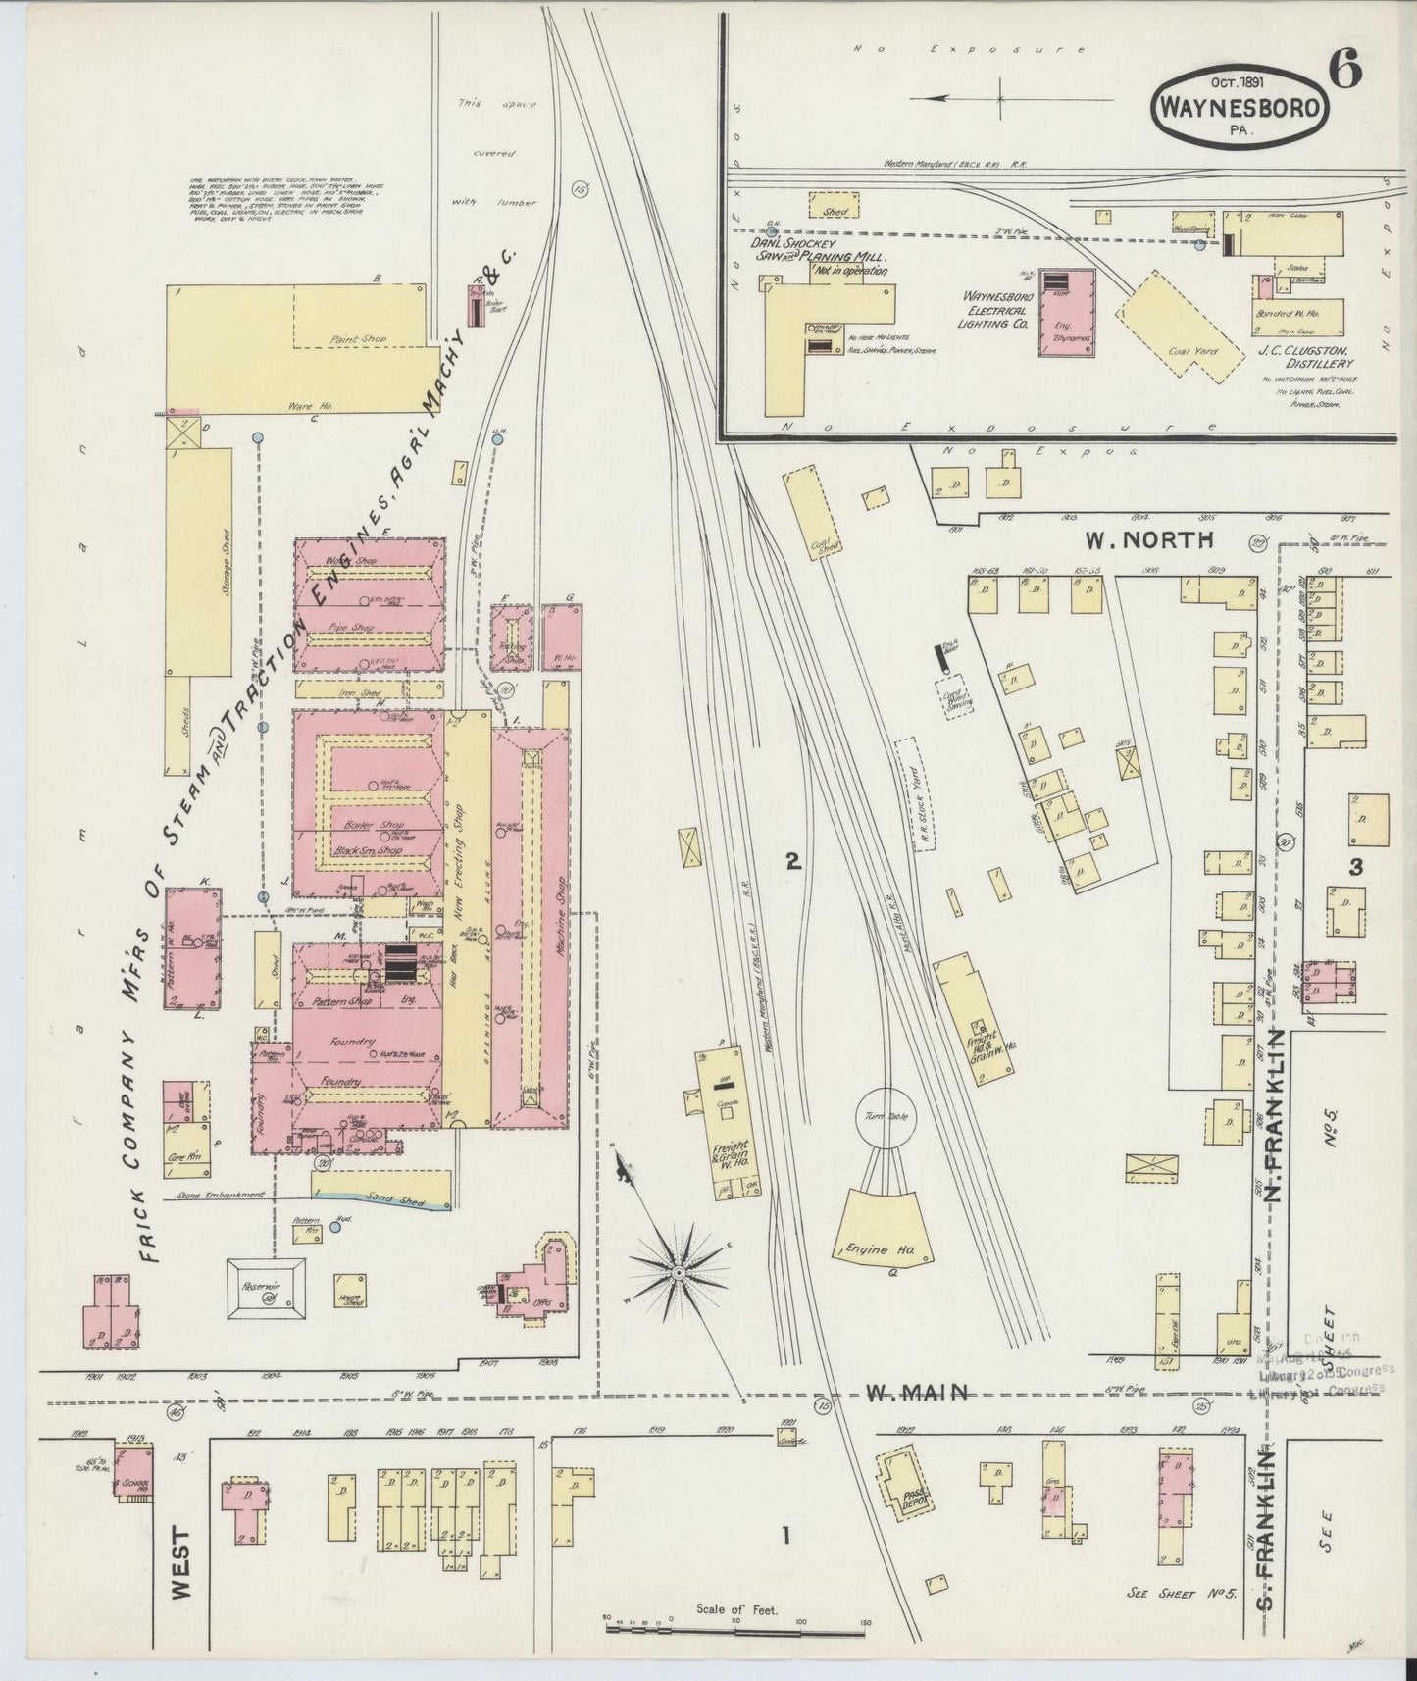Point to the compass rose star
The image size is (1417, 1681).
point(677,1271)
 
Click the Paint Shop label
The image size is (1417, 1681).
point(360,338)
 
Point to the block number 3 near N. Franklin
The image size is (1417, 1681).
point(1356,866)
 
